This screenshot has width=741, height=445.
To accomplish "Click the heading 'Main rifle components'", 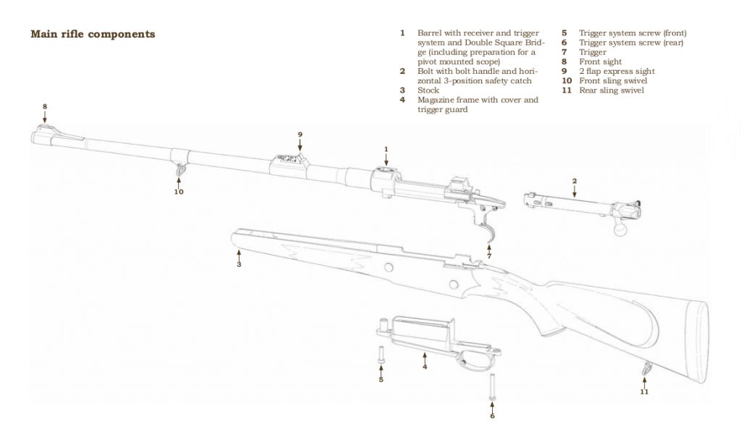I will point(93,34).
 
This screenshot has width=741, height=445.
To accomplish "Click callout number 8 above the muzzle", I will point(45,107).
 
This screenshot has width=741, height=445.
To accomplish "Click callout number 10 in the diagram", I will point(178,192).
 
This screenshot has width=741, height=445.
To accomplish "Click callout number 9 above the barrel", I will point(300,134).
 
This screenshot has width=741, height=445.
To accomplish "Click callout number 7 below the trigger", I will point(489,255).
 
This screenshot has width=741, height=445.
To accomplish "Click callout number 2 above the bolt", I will point(575,180).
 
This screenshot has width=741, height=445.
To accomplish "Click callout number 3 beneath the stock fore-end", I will point(239,265).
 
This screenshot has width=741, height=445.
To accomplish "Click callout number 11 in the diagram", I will point(644,391).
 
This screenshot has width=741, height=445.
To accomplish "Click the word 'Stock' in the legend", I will point(428,90).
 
